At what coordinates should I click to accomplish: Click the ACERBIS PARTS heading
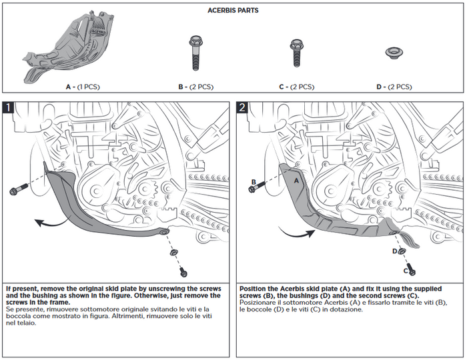233,11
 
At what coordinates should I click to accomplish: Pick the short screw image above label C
294,53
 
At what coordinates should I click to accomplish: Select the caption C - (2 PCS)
296,87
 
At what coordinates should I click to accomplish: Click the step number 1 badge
9,107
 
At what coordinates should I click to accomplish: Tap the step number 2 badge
243,107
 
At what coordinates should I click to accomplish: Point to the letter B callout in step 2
254,181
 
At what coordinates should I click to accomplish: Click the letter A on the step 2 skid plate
296,180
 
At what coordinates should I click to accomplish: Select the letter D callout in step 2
395,251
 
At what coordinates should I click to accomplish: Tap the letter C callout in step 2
406,271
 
